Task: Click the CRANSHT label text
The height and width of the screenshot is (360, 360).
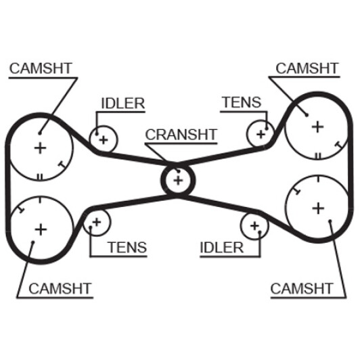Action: point(181,135)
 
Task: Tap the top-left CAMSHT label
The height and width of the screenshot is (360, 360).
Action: point(41,68)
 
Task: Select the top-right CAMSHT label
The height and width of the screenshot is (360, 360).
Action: point(307,68)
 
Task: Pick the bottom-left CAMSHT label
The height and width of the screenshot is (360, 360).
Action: point(60,288)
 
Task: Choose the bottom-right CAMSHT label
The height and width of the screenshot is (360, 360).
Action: point(302,288)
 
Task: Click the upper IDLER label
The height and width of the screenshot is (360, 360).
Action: point(123,104)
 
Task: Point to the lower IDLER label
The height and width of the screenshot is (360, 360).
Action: point(221,248)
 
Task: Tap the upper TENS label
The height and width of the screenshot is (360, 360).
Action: point(242,102)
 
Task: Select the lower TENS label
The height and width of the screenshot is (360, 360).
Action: point(127,247)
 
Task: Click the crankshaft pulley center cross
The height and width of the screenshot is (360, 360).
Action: point(178,181)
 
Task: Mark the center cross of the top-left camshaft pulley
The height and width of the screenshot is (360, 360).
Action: point(41,148)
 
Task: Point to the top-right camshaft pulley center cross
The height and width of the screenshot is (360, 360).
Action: point(318,127)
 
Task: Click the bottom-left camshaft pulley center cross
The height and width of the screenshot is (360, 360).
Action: point(41,229)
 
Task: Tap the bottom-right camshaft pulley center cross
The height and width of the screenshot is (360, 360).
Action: point(318,208)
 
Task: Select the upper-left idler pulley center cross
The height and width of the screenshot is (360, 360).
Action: point(104,140)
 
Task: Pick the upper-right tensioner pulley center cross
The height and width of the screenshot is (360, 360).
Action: point(261,134)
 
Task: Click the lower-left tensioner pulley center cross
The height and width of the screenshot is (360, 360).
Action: point(97,222)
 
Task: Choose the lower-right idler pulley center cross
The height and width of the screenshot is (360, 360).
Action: point(254,226)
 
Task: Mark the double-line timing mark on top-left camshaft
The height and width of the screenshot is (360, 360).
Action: point(40,177)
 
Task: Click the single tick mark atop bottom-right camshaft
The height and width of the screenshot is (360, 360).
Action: point(318,179)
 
